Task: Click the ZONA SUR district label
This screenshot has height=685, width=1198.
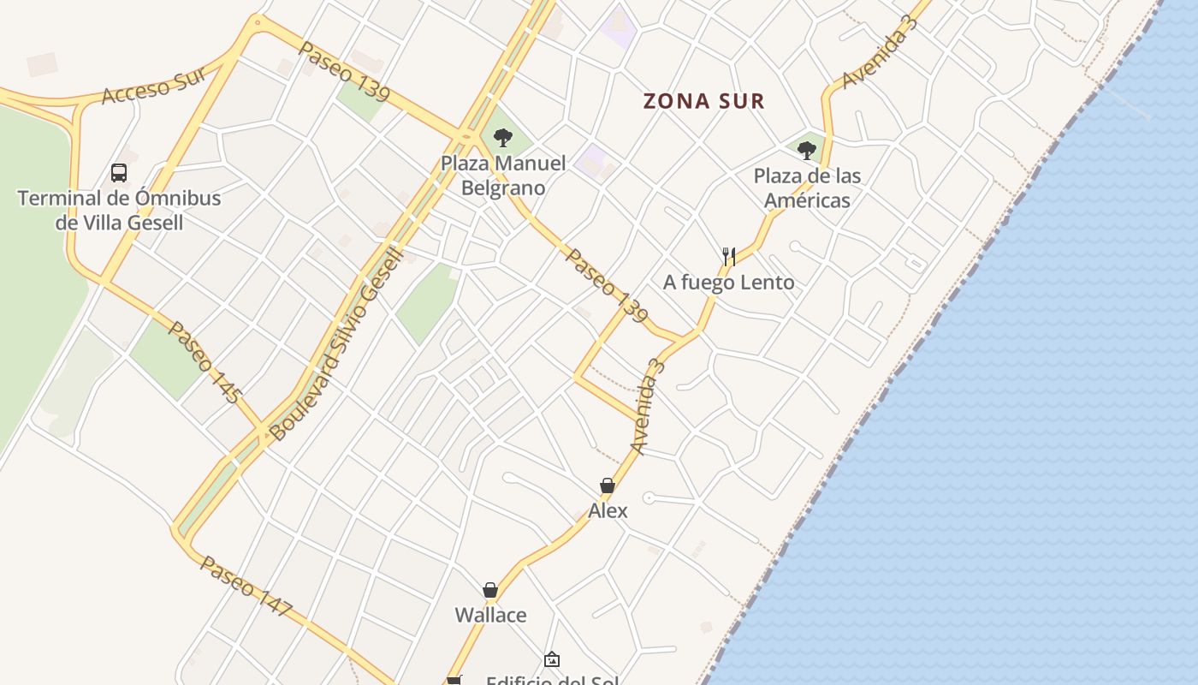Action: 703,101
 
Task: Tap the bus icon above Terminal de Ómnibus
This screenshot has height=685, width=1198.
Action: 119,173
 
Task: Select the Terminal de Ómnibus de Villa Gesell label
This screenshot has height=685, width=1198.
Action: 119,211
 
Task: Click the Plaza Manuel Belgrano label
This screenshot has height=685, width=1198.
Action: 503,176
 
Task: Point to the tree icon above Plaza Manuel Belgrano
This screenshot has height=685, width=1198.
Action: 503,137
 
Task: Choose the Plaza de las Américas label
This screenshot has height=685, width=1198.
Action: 807,188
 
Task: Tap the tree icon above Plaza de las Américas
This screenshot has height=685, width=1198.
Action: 806,151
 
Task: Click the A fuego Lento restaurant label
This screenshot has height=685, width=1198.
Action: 729,282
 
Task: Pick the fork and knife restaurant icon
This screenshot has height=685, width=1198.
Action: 729,256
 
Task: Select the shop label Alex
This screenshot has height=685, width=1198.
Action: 608,510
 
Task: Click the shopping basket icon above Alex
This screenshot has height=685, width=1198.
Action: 608,486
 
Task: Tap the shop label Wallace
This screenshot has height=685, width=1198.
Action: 490,615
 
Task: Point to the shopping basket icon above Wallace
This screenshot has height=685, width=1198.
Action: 490,590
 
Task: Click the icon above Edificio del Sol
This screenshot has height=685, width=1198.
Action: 552,660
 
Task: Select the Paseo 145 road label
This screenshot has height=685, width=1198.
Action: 204,361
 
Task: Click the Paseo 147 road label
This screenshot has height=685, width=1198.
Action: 246,587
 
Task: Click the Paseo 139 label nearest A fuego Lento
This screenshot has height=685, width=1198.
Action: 606,286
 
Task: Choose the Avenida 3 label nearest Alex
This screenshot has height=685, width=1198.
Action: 647,406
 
